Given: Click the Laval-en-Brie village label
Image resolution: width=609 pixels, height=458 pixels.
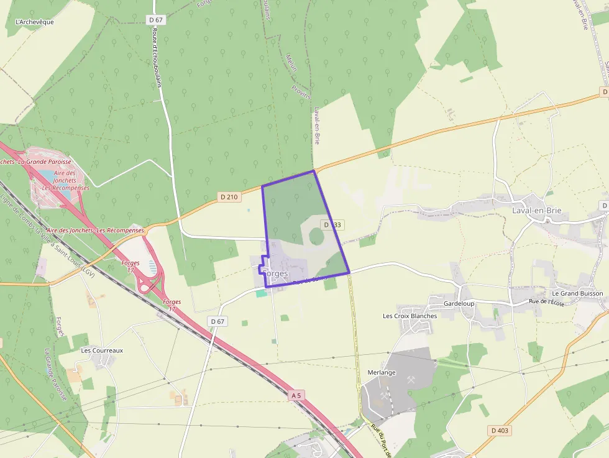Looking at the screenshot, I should [x=536, y=211].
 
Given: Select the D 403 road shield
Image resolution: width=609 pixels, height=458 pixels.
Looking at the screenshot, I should [x=499, y=431].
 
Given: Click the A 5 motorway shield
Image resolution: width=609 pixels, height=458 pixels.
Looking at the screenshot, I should [x=297, y=395].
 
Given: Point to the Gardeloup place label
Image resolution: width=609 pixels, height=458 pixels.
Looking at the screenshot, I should [x=459, y=303].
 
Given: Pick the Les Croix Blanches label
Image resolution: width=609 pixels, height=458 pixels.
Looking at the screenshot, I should [x=410, y=316].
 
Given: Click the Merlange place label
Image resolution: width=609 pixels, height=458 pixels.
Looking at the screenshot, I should [x=380, y=372].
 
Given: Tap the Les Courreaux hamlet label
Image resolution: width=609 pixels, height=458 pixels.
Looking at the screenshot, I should [x=102, y=350].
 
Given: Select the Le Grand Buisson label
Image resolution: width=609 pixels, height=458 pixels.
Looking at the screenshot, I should [x=577, y=293].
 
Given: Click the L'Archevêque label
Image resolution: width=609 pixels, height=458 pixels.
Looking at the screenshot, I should [x=34, y=22].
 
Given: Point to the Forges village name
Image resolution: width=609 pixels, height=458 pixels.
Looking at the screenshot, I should [x=275, y=273].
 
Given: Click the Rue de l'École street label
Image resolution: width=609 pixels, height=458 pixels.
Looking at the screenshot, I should [x=546, y=302].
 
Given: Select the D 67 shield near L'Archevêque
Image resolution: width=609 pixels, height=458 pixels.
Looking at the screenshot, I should [x=156, y=20].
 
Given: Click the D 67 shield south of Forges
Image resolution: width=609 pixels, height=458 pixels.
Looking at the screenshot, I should [x=217, y=321].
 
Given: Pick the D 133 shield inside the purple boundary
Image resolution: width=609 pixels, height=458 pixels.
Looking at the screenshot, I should [x=331, y=224].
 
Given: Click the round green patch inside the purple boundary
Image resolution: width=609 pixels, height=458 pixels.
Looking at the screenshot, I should [x=316, y=236].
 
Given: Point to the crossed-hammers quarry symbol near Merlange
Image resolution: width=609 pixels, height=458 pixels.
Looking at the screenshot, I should [x=411, y=378].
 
